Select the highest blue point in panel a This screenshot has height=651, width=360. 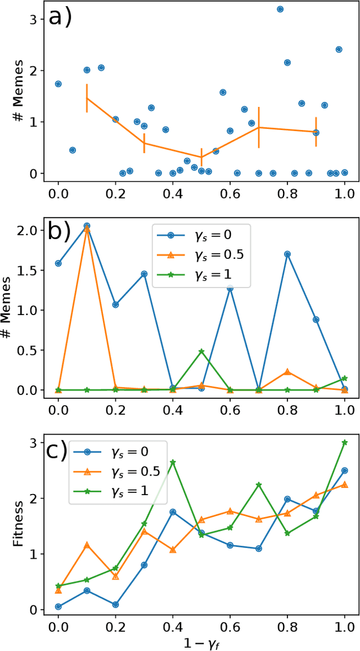click(280, 9)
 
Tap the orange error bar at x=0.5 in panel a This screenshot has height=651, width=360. click(201, 157)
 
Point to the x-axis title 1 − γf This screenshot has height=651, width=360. click(201, 641)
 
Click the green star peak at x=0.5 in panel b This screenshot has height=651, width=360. click(201, 351)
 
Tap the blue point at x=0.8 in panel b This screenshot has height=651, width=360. click(287, 254)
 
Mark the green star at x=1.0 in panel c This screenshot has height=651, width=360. click(344, 443)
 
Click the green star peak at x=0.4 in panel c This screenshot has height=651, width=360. click(173, 462)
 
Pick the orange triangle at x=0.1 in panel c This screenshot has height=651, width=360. click(87, 545)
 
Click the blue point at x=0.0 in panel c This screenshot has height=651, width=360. click(58, 607)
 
